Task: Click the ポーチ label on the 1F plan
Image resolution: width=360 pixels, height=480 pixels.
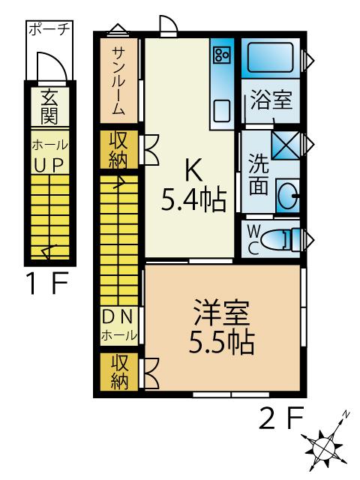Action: pyautogui.click(x=49, y=29)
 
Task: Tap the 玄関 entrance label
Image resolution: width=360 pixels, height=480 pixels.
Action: pyautogui.click(x=49, y=106)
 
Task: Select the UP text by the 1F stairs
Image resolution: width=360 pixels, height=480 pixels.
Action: pyautogui.click(x=49, y=166)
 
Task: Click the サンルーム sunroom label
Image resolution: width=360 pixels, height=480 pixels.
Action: pyautogui.click(x=118, y=81)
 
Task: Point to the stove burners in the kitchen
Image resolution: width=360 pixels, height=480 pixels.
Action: pyautogui.click(x=222, y=55)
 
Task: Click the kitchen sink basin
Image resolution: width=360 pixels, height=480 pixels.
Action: pyautogui.click(x=222, y=111)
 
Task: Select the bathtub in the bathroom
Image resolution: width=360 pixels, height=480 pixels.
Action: pyautogui.click(x=271, y=58)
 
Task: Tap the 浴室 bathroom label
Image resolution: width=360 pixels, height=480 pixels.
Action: pyautogui.click(x=271, y=100)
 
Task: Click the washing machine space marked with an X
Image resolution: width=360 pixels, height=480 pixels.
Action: pyautogui.click(x=286, y=145)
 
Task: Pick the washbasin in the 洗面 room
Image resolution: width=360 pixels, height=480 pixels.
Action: pyautogui.click(x=288, y=195)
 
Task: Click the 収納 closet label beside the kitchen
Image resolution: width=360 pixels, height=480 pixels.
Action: pyautogui.click(x=118, y=150)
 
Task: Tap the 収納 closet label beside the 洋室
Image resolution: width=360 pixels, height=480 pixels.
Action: pyautogui.click(x=119, y=372)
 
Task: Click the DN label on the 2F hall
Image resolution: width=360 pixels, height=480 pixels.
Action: pyautogui.click(x=118, y=316)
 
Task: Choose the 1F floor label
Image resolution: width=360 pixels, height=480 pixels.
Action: pyautogui.click(x=48, y=283)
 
